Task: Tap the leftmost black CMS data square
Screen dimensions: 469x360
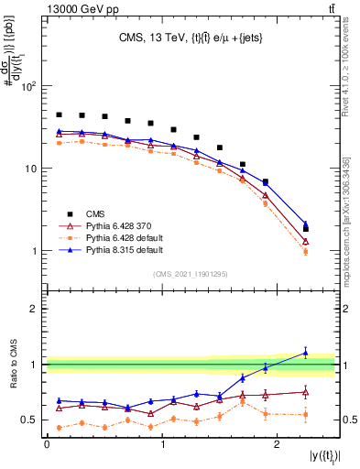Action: [x=60, y=115]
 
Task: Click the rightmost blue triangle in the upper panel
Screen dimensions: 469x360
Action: [x=306, y=224]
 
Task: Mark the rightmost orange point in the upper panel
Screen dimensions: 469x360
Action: [x=306, y=251]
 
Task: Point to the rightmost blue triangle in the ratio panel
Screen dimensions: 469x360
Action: [x=306, y=353]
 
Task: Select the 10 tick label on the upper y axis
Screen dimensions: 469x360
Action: [x=31, y=169]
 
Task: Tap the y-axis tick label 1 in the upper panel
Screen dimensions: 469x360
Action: [x=35, y=251]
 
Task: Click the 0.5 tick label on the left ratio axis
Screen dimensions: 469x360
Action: [x=30, y=420]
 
